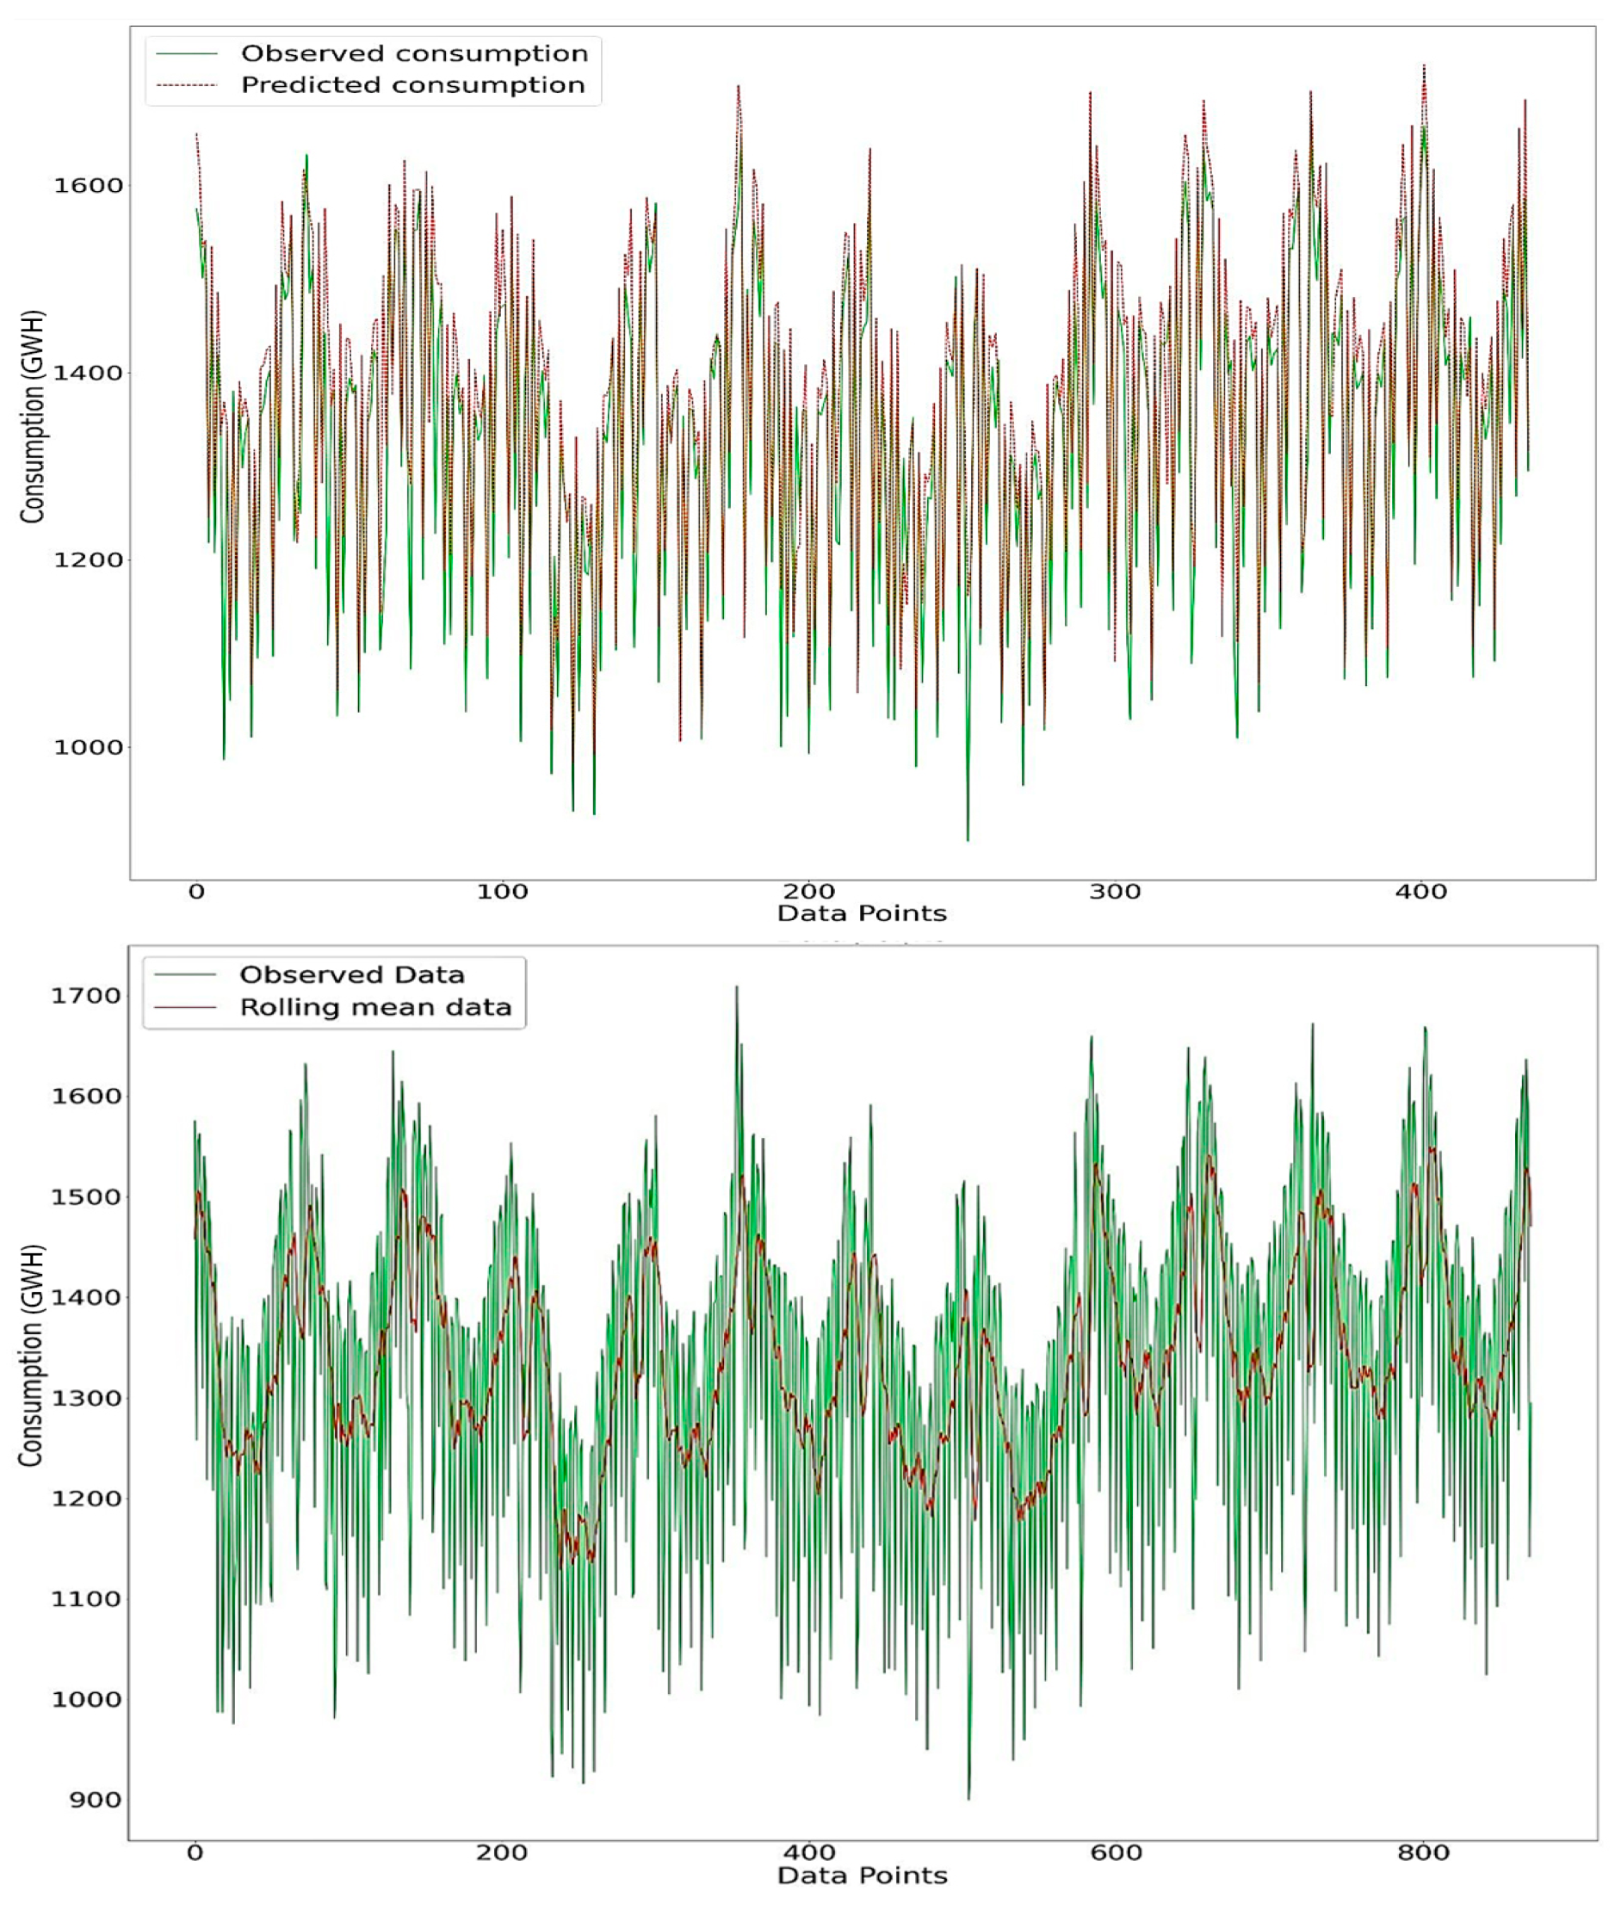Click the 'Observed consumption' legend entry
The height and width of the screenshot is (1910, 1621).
pyautogui.click(x=414, y=53)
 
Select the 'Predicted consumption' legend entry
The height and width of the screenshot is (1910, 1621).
pyautogui.click(x=412, y=85)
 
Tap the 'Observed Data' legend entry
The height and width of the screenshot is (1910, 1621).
pyautogui.click(x=352, y=974)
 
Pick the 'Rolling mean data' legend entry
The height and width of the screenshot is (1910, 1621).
pyautogui.click(x=375, y=1008)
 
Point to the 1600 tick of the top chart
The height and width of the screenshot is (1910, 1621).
pyautogui.click(x=88, y=186)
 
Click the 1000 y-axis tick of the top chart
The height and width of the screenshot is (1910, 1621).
pyautogui.click(x=88, y=748)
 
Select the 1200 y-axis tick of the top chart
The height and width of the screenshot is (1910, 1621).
pyautogui.click(x=88, y=560)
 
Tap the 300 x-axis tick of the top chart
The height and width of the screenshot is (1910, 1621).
pyautogui.click(x=1116, y=891)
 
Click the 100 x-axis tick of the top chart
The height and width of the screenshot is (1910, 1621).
pyautogui.click(x=503, y=891)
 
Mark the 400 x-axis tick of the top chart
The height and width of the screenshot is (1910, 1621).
pyautogui.click(x=1421, y=891)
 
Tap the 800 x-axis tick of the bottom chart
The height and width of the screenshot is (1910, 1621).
pyautogui.click(x=1423, y=1852)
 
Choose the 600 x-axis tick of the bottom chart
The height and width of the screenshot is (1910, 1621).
pyautogui.click(x=1117, y=1852)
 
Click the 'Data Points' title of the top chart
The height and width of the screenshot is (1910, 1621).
pyautogui.click(x=862, y=913)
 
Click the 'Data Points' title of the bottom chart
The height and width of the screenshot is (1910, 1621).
pyautogui.click(x=862, y=1875)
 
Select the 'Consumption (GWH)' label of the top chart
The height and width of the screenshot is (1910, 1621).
pyautogui.click(x=33, y=418)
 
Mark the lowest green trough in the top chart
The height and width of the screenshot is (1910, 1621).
pyautogui.click(x=968, y=838)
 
